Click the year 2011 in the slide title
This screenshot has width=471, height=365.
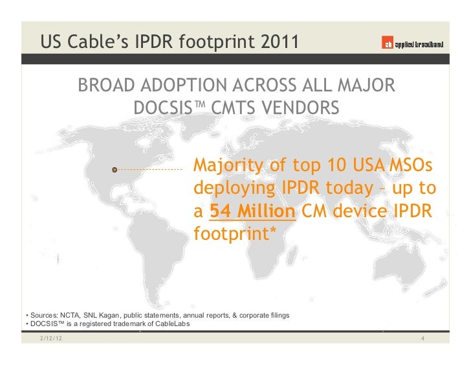tap(277, 43)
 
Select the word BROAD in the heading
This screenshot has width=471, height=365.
tap(107, 86)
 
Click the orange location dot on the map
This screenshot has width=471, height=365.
tap(115, 170)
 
